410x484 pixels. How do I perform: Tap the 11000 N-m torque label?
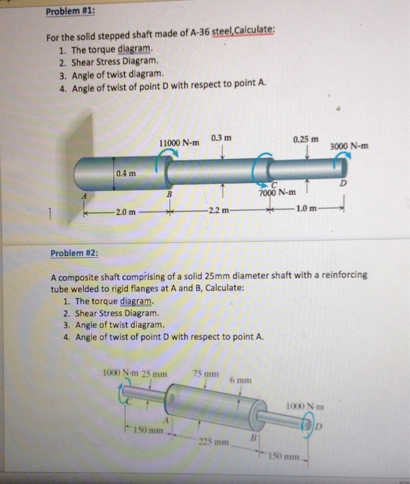(x=179, y=142)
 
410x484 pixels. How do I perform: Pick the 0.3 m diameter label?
(x=221, y=138)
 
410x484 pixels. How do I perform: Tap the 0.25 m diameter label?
(x=305, y=138)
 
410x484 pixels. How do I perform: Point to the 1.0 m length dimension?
(x=307, y=210)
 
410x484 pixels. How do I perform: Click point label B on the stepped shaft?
(x=169, y=196)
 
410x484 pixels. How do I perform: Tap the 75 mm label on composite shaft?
(x=203, y=374)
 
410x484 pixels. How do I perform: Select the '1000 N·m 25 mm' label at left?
(x=136, y=374)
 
